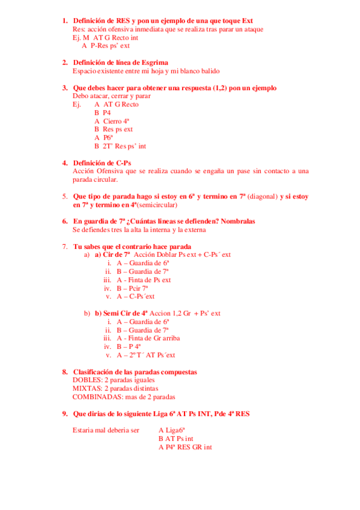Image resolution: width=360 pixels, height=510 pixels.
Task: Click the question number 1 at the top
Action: click(x=65, y=20)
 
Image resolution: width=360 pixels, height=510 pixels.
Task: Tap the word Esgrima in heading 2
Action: click(x=154, y=63)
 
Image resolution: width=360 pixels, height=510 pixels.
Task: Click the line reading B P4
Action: click(x=102, y=112)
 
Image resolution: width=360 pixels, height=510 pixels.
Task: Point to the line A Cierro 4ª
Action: click(x=112, y=121)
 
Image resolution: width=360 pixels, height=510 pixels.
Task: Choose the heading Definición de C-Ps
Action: click(x=102, y=163)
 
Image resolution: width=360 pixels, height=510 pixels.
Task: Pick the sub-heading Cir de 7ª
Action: click(x=113, y=254)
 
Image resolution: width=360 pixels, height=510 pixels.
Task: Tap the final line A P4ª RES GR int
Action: click(x=185, y=447)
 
